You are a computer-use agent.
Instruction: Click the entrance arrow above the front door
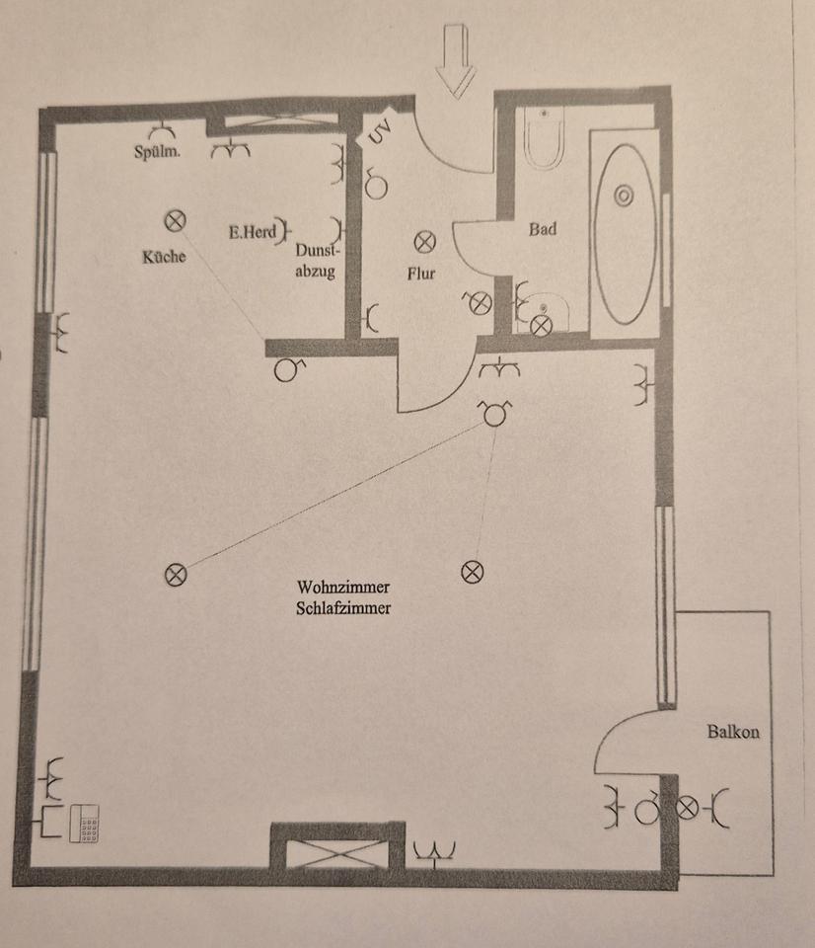[x=456, y=60]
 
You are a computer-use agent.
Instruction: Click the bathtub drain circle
[x=624, y=196]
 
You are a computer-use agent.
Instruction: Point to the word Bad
[x=542, y=229]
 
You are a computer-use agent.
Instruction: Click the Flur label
[x=421, y=274]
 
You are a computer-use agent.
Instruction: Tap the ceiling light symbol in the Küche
[x=176, y=220]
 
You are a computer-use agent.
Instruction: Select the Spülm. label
[x=157, y=151]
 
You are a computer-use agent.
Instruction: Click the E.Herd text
[x=253, y=231]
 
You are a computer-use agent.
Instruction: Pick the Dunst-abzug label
[x=316, y=261]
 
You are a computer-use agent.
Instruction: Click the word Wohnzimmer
[x=343, y=587]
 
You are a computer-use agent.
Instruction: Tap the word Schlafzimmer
[x=343, y=607]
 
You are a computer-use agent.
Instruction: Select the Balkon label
[x=733, y=732]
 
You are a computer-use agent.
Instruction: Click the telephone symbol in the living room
[x=84, y=823]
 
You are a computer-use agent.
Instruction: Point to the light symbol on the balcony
[x=687, y=807]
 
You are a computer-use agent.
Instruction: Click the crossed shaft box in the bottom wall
[x=337, y=853]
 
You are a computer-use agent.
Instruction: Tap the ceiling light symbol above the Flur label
[x=424, y=242]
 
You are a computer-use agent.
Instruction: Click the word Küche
[x=164, y=257]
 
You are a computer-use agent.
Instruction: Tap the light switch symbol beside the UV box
[x=376, y=185]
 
